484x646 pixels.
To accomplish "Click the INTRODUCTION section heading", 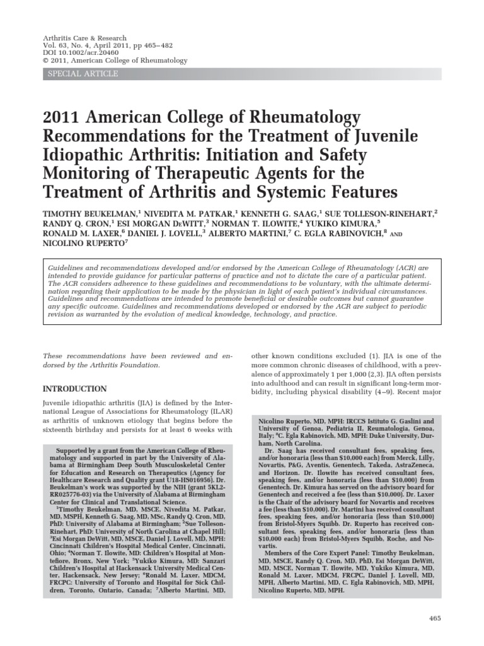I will pos(74,389).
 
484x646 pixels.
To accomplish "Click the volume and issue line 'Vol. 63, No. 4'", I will pos(66,46).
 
